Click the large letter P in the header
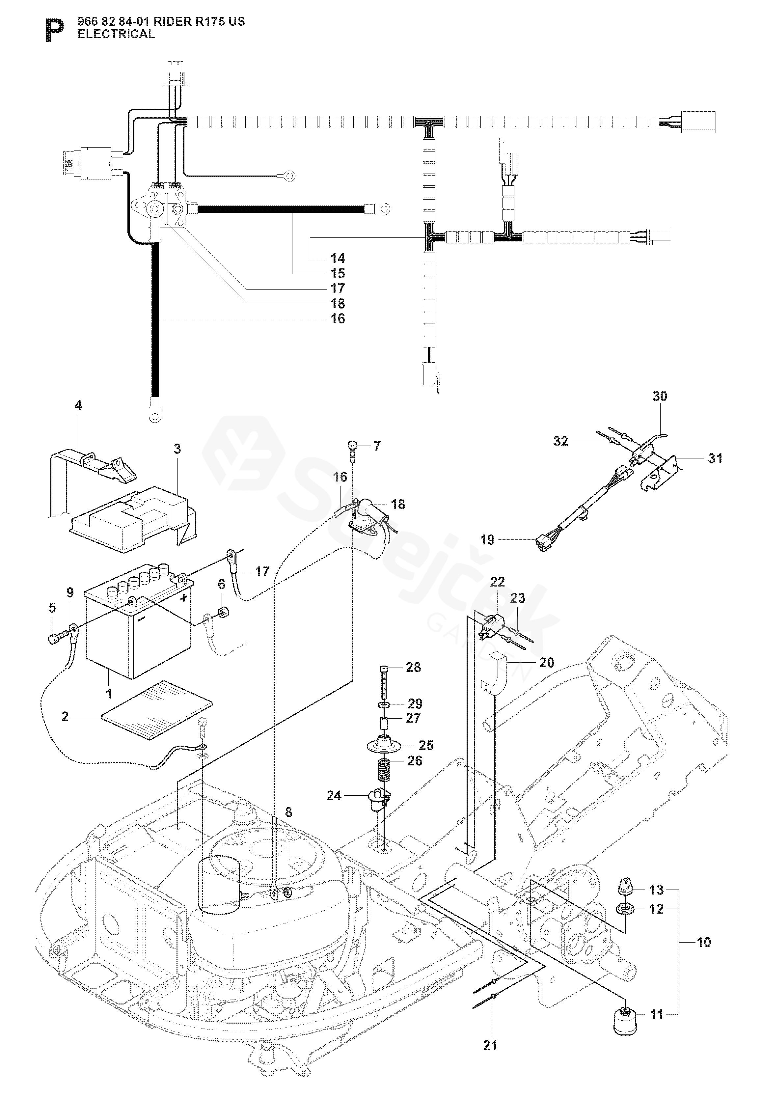[x=54, y=31]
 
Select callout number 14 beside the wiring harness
[x=338, y=258]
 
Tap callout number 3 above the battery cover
[x=177, y=449]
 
